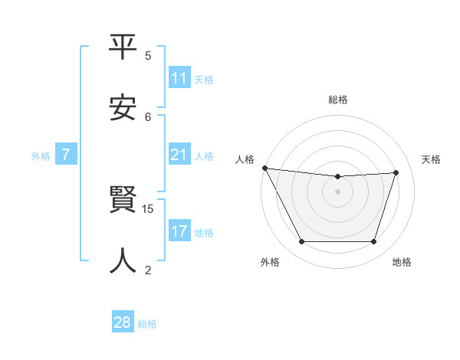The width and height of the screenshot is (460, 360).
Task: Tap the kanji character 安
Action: pyautogui.click(x=123, y=108)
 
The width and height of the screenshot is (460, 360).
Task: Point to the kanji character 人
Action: pyautogui.click(x=123, y=260)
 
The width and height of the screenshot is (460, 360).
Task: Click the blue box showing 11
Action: pyautogui.click(x=179, y=78)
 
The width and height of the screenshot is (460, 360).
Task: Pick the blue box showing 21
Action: pyautogui.click(x=179, y=155)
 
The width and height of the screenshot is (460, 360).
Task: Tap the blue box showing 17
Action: pyautogui.click(x=179, y=231)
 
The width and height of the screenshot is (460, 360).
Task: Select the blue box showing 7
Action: pyautogui.click(x=66, y=155)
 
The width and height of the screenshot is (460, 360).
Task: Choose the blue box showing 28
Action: pyautogui.click(x=123, y=322)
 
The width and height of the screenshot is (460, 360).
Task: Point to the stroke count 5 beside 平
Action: pyautogui.click(x=148, y=56)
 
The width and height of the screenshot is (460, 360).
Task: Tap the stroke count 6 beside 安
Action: pyautogui.click(x=148, y=116)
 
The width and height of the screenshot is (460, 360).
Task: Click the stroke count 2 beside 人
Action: pyautogui.click(x=148, y=269)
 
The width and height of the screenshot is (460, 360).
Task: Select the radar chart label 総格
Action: pyautogui.click(x=338, y=100)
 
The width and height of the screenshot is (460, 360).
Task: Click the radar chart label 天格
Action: pyautogui.click(x=432, y=159)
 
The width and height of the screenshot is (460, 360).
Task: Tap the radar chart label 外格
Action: pyautogui.click(x=270, y=262)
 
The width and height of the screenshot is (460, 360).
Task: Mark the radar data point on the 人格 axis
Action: pyautogui.click(x=264, y=168)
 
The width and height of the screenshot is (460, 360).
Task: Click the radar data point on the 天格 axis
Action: pyautogui.click(x=396, y=172)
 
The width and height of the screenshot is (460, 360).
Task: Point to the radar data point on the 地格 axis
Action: pyautogui.click(x=374, y=242)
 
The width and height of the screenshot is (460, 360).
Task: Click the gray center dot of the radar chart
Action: pyautogui.click(x=338, y=191)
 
